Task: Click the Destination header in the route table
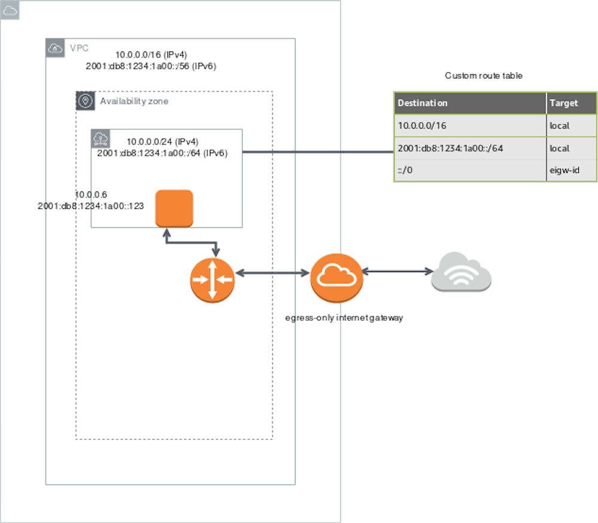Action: tap(422, 103)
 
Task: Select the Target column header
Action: tap(563, 103)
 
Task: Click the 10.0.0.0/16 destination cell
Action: tap(422, 126)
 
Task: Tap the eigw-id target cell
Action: tap(565, 171)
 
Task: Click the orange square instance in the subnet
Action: tap(174, 208)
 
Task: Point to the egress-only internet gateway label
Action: tap(343, 318)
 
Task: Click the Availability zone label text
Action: tap(134, 101)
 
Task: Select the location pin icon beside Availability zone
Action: tap(86, 101)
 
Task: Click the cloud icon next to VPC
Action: tap(55, 48)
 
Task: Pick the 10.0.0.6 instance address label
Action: tap(90, 195)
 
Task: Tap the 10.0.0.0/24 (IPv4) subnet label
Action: tap(162, 142)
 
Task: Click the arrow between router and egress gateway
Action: tap(272, 273)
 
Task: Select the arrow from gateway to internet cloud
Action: tap(396, 272)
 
